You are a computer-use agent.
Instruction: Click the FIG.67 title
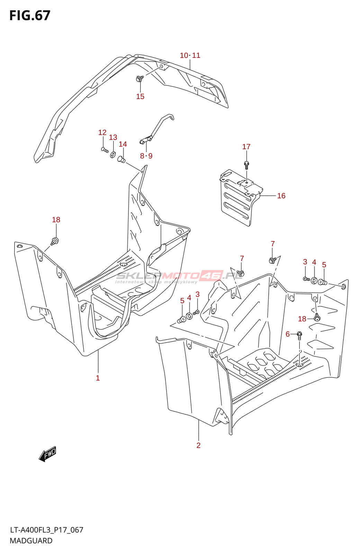[30, 16]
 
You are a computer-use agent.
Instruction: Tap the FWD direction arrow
[47, 454]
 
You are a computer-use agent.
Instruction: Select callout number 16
[281, 196]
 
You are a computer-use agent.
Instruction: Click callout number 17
[246, 147]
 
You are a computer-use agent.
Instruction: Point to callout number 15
[140, 97]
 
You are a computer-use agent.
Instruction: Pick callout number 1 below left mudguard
[98, 378]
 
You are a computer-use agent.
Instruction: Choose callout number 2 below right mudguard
[198, 446]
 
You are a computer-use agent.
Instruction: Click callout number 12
[102, 133]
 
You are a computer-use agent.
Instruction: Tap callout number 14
[123, 144]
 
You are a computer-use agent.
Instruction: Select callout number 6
[288, 334]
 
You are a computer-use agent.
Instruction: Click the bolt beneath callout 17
[246, 164]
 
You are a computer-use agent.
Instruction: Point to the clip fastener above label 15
[139, 79]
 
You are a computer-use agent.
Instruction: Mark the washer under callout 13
[113, 153]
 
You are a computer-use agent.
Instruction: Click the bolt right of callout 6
[299, 335]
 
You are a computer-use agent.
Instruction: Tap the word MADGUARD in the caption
[31, 541]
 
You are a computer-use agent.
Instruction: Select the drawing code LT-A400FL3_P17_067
[46, 530]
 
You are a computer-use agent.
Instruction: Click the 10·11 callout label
[190, 55]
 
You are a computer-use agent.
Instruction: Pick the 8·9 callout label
[146, 156]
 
